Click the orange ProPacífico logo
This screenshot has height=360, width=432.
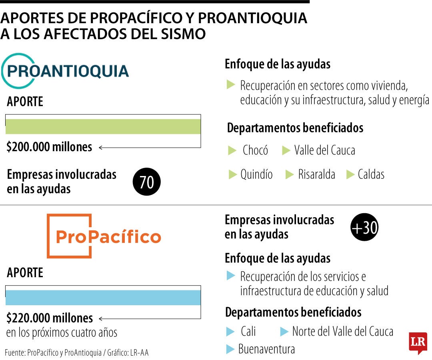click(x=104, y=236)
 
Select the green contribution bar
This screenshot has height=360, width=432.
click(x=103, y=126)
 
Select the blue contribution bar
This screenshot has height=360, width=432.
click(x=103, y=298)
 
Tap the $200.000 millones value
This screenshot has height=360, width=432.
click(x=49, y=147)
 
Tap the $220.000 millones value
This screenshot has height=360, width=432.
click(x=50, y=318)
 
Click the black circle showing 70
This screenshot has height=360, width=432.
click(x=146, y=182)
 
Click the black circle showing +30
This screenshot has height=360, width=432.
click(x=364, y=227)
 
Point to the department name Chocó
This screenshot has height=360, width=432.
click(x=255, y=150)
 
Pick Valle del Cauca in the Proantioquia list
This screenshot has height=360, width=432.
click(x=324, y=150)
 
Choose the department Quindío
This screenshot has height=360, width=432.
click(x=256, y=174)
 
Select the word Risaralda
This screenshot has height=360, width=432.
click(x=316, y=174)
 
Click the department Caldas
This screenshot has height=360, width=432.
click(x=371, y=174)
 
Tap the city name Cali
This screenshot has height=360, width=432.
click(x=248, y=331)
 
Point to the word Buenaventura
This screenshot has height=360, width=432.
click(x=266, y=349)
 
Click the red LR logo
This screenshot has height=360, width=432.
click(x=418, y=343)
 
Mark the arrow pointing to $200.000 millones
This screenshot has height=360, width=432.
click(x=150, y=148)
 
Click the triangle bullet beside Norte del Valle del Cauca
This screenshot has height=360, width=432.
click(x=284, y=332)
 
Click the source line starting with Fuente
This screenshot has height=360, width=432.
click(x=76, y=352)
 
